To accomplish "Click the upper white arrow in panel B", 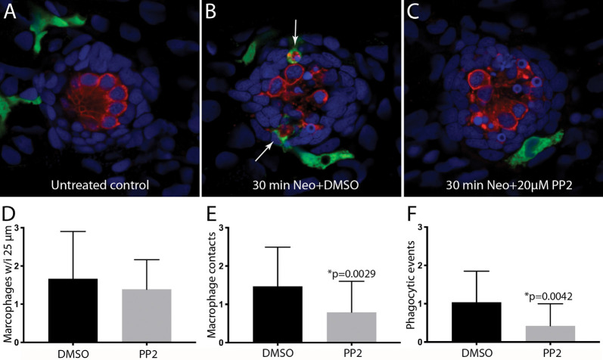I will click(x=296, y=33).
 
